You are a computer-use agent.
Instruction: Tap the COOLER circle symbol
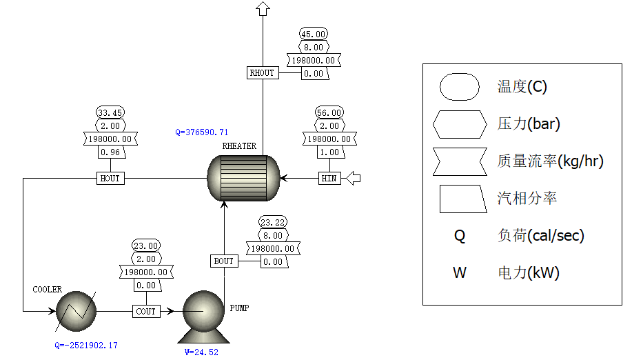click(77, 312)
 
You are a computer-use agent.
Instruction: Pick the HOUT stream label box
click(110, 179)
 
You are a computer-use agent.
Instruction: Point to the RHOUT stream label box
click(262, 72)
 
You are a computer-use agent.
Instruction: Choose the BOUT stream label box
click(224, 261)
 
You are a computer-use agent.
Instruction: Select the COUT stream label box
click(146, 312)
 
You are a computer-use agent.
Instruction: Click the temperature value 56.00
click(329, 113)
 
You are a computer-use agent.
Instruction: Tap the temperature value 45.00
click(314, 34)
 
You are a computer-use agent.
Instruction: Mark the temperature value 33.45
click(110, 113)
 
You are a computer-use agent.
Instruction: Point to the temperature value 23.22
click(274, 222)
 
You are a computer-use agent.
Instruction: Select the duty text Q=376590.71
click(202, 132)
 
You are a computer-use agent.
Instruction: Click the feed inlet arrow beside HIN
click(352, 179)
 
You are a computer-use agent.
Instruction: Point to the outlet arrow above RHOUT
click(262, 8)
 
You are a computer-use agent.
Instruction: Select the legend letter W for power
click(459, 272)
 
